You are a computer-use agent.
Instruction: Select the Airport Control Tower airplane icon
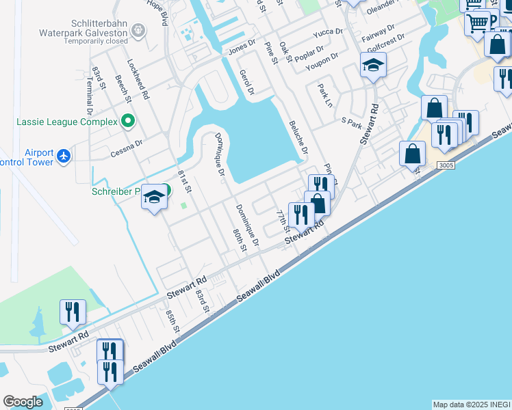point(64,156)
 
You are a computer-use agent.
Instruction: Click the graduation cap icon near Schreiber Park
point(155,197)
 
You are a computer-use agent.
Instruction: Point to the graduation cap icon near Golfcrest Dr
point(374,66)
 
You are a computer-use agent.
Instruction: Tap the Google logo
point(23,402)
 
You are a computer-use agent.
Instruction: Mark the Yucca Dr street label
point(327,32)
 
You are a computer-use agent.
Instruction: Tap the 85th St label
point(172,320)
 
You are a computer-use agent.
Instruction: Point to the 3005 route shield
point(445,165)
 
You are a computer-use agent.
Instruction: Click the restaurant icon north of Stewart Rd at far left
point(73,312)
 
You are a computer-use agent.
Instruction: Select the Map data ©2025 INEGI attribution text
point(471,405)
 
